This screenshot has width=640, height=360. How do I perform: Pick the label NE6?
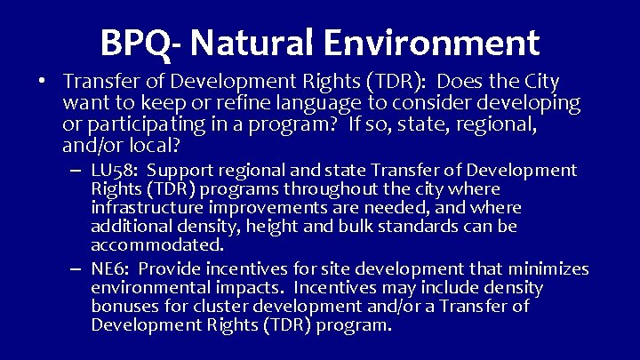[x=111, y=269]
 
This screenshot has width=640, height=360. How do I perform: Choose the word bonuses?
[x=124, y=307]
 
